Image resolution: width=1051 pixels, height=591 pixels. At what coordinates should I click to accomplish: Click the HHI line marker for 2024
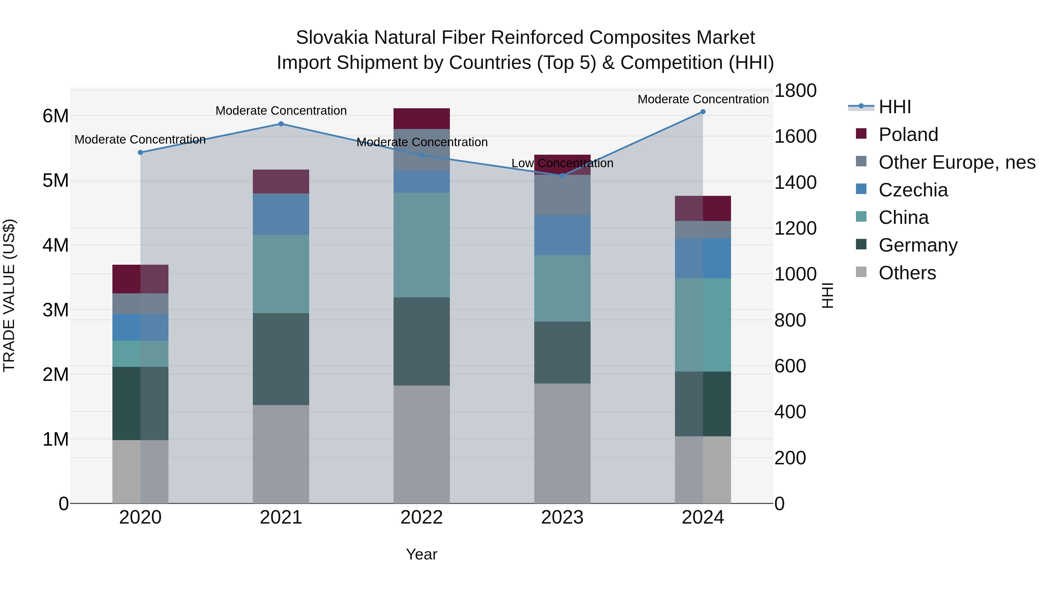click(703, 112)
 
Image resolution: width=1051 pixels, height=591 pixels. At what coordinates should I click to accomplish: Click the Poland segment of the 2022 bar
click(422, 119)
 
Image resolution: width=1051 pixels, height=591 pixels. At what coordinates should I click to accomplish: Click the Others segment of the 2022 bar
click(422, 444)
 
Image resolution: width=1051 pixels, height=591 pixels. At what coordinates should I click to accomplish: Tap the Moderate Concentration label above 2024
click(703, 99)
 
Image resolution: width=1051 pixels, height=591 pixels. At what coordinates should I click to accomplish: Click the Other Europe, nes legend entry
click(956, 162)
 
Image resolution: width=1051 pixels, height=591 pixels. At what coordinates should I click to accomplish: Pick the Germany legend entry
click(918, 245)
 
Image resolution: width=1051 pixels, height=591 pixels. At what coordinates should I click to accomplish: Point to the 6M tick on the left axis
click(55, 116)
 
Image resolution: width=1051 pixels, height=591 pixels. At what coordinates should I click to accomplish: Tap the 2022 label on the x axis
click(422, 517)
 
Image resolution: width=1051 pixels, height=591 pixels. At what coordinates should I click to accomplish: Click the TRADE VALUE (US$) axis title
click(9, 295)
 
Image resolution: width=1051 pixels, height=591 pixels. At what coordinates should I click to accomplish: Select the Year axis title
click(422, 554)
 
